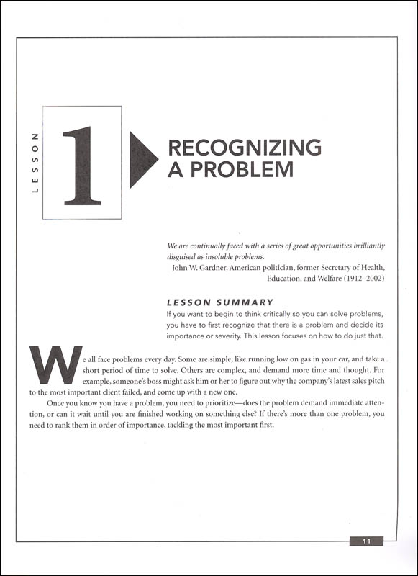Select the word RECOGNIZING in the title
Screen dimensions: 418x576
coord(244,148)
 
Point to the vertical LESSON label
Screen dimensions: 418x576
coord(35,163)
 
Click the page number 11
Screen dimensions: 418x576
coord(367,541)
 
